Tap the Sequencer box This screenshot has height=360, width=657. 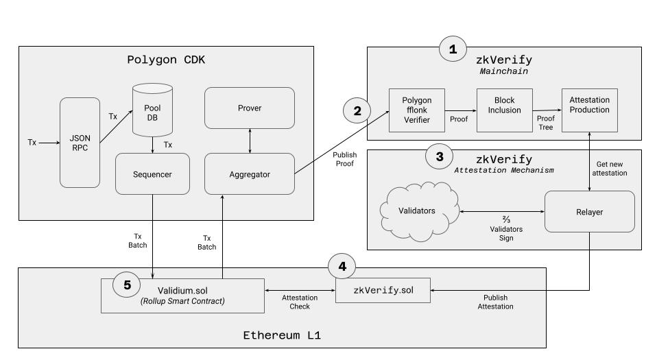coord(153,174)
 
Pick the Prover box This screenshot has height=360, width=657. coord(250,108)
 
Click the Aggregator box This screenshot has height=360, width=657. coord(250,174)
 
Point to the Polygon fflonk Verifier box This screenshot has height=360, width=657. coord(417,110)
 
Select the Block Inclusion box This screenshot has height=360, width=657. coord(505,110)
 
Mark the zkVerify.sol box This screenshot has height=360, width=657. coord(383,290)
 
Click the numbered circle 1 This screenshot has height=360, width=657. coord(452,49)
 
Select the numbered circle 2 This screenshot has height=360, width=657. coord(357,110)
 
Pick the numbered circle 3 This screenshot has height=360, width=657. coord(440,156)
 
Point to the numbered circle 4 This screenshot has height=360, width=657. coord(343,266)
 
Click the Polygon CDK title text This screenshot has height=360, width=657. coord(166,59)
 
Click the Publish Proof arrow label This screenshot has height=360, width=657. coord(344,160)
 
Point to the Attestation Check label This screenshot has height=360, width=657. coord(300,302)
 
